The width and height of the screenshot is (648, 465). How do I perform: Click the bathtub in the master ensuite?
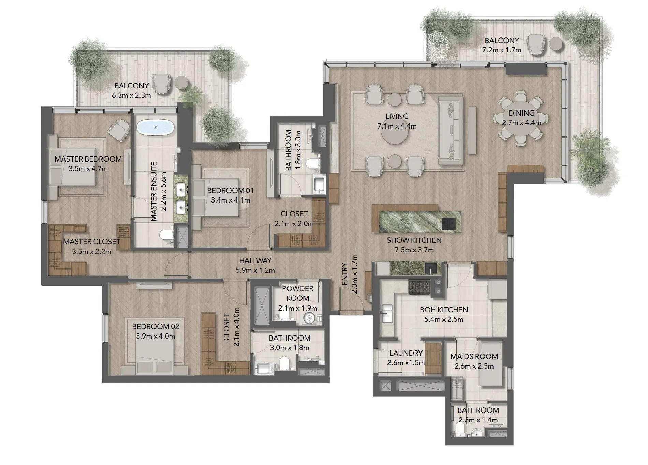156,128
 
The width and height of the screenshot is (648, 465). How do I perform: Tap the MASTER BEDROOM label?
88,159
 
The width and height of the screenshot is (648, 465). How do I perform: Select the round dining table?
521,118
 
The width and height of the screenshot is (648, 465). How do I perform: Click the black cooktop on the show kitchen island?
448,224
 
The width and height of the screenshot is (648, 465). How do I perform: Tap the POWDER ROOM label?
297,293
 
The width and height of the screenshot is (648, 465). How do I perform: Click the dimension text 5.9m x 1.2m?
255,271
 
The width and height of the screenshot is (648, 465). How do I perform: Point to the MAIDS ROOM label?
474,357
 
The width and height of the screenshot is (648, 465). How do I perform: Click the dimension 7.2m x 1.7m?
502,50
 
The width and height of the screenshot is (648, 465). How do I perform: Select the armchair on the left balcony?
161,84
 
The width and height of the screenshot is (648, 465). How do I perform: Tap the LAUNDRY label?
406,353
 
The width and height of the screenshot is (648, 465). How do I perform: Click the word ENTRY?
345,274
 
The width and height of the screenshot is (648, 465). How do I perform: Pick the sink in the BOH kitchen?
387,313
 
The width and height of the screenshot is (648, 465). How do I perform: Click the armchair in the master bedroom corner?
119,130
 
